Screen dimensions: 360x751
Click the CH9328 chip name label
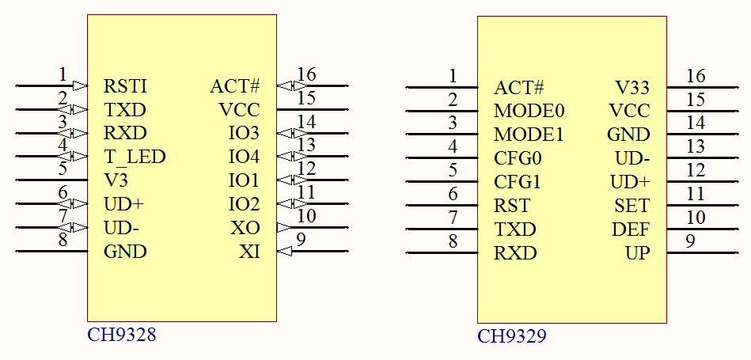(121, 335)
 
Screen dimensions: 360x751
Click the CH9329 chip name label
(511, 336)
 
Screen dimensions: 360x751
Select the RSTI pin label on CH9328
(125, 86)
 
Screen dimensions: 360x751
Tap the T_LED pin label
(135, 157)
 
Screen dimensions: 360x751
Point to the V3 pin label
(116, 180)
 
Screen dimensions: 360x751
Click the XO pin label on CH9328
(245, 228)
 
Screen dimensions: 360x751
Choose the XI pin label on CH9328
(249, 252)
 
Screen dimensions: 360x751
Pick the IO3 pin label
(244, 132)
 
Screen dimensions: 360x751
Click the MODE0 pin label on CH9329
(529, 111)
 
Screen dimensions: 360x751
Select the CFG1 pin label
(518, 182)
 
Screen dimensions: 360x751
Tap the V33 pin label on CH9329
(632, 87)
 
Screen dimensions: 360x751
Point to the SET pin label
(632, 207)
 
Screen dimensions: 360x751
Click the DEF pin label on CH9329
(631, 230)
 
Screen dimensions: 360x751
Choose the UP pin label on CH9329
(637, 254)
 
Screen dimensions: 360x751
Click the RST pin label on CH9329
(512, 207)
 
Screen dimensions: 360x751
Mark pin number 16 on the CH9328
(306, 74)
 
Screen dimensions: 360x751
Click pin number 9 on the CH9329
(690, 241)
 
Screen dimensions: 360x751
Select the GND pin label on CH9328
(125, 252)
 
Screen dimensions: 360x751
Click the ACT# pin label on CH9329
(518, 87)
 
